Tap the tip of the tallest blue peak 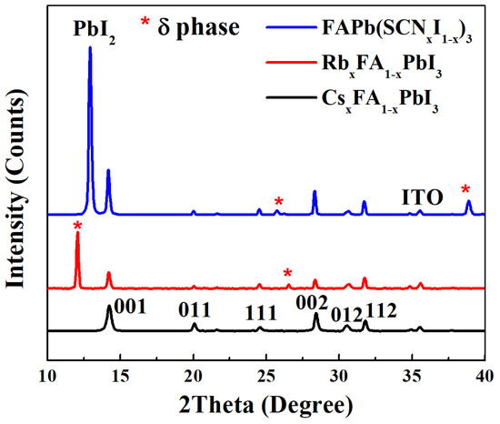click(89, 48)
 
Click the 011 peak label click(193, 309)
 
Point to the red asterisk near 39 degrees click(466, 190)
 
